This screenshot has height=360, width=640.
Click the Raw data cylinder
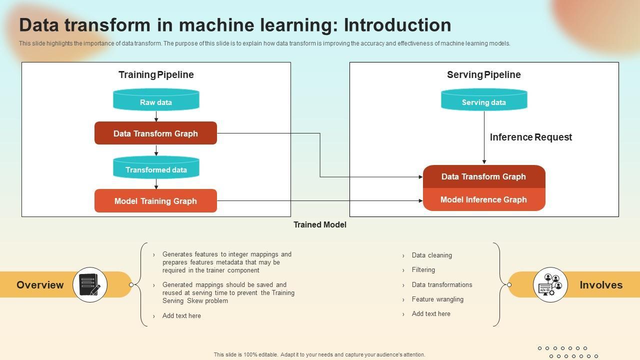click(156, 99)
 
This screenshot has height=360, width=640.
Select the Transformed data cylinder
click(156, 167)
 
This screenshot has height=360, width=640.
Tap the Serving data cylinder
click(484, 99)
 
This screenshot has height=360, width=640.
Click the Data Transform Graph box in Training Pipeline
click(155, 133)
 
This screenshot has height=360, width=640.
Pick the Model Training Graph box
click(155, 201)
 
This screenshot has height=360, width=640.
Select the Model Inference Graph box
click(484, 199)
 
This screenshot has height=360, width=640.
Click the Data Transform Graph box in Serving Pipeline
click(484, 176)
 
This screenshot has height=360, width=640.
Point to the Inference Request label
click(531, 137)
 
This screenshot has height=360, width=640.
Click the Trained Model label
click(319, 225)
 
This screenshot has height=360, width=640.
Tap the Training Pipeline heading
click(156, 74)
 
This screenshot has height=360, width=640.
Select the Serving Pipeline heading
click(483, 74)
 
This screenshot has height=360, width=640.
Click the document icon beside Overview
click(89, 284)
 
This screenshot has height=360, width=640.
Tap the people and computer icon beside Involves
click(550, 284)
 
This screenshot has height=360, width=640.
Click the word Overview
click(40, 285)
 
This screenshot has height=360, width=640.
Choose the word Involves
click(601, 285)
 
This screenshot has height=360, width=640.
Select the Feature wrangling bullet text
click(437, 299)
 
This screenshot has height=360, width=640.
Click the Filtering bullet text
click(423, 269)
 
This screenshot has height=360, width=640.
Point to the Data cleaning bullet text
click(431, 255)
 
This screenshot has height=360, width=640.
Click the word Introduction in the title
click(397, 25)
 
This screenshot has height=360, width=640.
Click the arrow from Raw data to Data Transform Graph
click(156, 116)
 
